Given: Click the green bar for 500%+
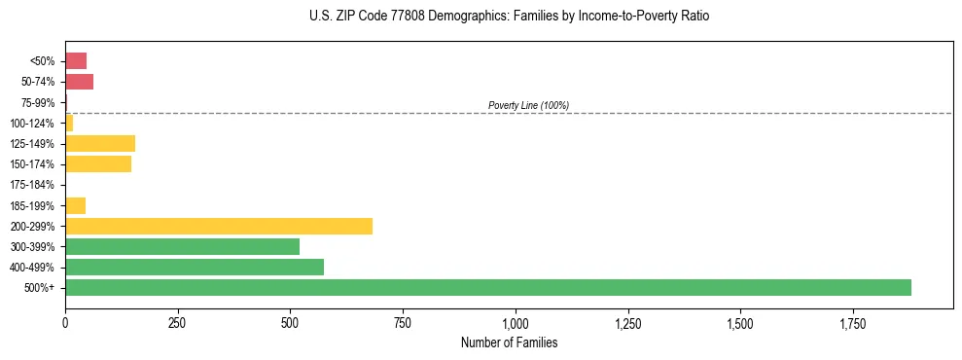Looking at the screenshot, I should pos(487,287).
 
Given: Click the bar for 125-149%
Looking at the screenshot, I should pos(100,143).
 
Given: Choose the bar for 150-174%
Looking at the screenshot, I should pos(98,163).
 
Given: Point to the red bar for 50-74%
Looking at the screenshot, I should pos(79,81).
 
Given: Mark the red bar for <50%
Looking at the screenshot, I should pos(76,60).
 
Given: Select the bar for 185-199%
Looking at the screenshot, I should pos(75,205).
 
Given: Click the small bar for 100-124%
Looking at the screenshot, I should pos(69,123).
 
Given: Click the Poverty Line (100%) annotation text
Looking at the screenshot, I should pos(528,105).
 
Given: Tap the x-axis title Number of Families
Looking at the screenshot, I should pos(509,342).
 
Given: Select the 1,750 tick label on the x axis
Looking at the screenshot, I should pos(740,323).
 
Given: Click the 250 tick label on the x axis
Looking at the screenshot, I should pos(177,323).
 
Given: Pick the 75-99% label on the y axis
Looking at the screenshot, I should pos(39,102).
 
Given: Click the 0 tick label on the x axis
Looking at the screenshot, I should pos(65,323).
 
